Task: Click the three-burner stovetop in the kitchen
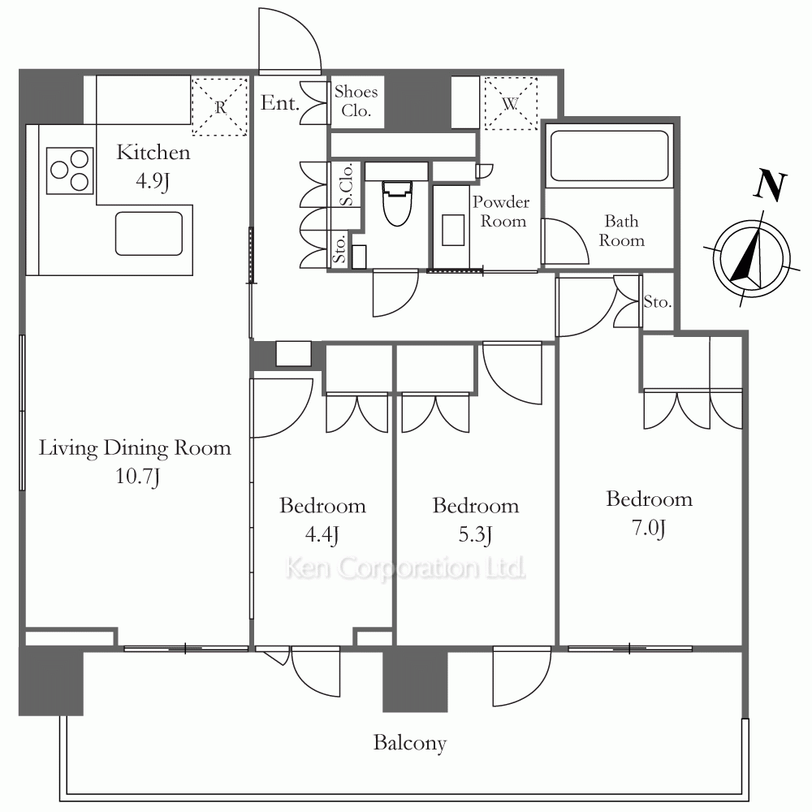(x=70, y=171)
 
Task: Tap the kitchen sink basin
(x=149, y=234)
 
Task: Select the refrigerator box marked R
(x=219, y=106)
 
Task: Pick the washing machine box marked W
(x=511, y=104)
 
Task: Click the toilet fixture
(x=397, y=203)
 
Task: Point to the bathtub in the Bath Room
(x=609, y=155)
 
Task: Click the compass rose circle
(x=751, y=258)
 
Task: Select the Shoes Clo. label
(x=356, y=101)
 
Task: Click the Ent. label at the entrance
(x=280, y=102)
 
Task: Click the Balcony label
(x=409, y=743)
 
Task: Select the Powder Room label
(x=501, y=211)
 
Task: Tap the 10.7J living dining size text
(x=137, y=477)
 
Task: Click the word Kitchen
(x=153, y=153)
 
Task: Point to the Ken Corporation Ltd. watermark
(x=405, y=568)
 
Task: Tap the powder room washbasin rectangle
(x=453, y=230)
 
